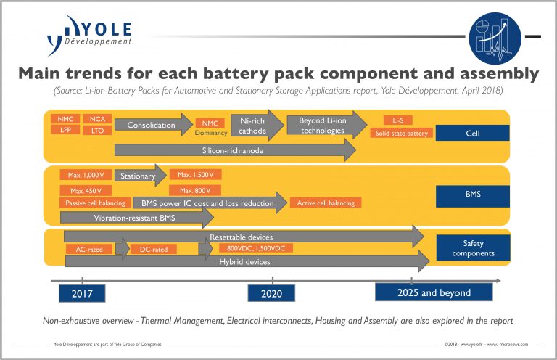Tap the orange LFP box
point(65,130)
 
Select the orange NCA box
point(96,118)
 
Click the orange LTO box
point(96,130)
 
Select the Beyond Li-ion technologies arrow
point(322,125)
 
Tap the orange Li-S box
point(398,119)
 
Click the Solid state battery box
point(401,133)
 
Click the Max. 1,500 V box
point(196,175)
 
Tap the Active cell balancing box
point(326,203)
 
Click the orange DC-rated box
point(154,249)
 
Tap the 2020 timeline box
point(271,292)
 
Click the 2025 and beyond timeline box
point(434,292)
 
